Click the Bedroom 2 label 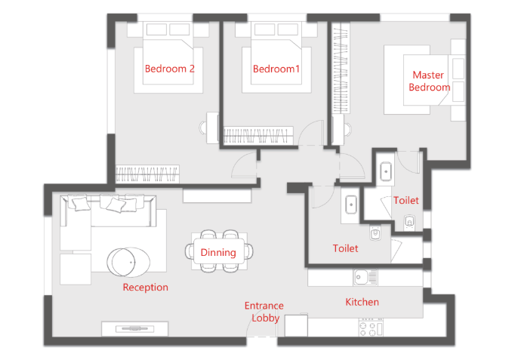click(x=169, y=69)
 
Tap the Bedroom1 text click(x=276, y=69)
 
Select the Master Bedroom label click(x=429, y=81)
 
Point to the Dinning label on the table click(x=218, y=252)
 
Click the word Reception click(x=145, y=287)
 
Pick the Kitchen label click(x=362, y=302)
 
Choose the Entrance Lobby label click(x=264, y=312)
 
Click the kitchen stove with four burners click(x=371, y=328)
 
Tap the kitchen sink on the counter click(x=365, y=277)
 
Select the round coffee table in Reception click(x=128, y=262)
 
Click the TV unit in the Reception click(x=134, y=328)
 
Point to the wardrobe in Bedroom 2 click(x=147, y=174)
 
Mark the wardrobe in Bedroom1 click(x=258, y=135)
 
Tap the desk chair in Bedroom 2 click(x=202, y=128)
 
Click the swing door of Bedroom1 click(x=311, y=133)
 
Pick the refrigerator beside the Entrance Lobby click(x=296, y=325)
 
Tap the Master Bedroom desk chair click(x=347, y=129)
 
